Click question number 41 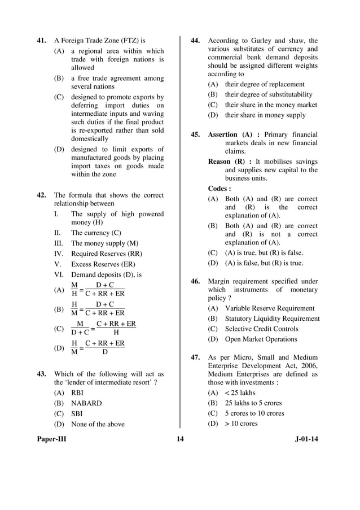(41, 41)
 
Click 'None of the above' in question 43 (98, 424)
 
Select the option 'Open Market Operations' (261, 339)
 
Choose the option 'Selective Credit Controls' (261, 329)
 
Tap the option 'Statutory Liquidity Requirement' (272, 319)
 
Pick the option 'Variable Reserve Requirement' (270, 308)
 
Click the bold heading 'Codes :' (219, 189)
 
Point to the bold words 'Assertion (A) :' (234, 134)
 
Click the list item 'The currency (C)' (96, 232)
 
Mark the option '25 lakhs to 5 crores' (253, 403)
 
